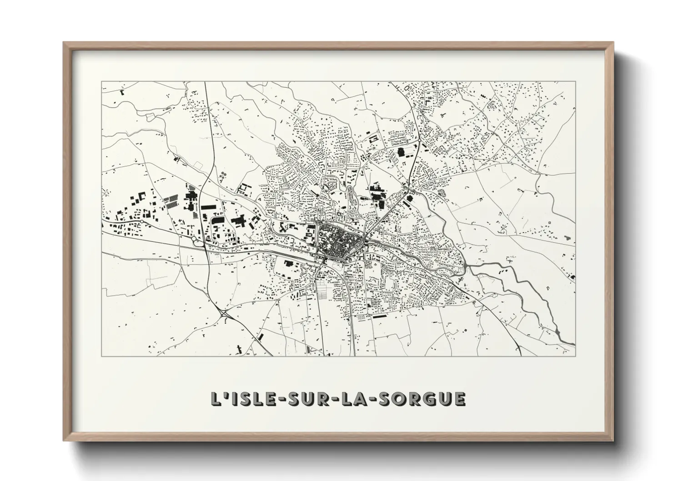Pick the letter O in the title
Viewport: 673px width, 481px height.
click(x=402, y=399)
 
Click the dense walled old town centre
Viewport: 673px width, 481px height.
click(x=339, y=240)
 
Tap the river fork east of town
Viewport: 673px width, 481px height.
click(x=466, y=268)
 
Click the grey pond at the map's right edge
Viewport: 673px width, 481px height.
click(x=567, y=237)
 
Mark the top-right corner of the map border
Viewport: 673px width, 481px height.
click(x=575, y=81)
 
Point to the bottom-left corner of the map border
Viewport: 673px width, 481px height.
click(x=101, y=356)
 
